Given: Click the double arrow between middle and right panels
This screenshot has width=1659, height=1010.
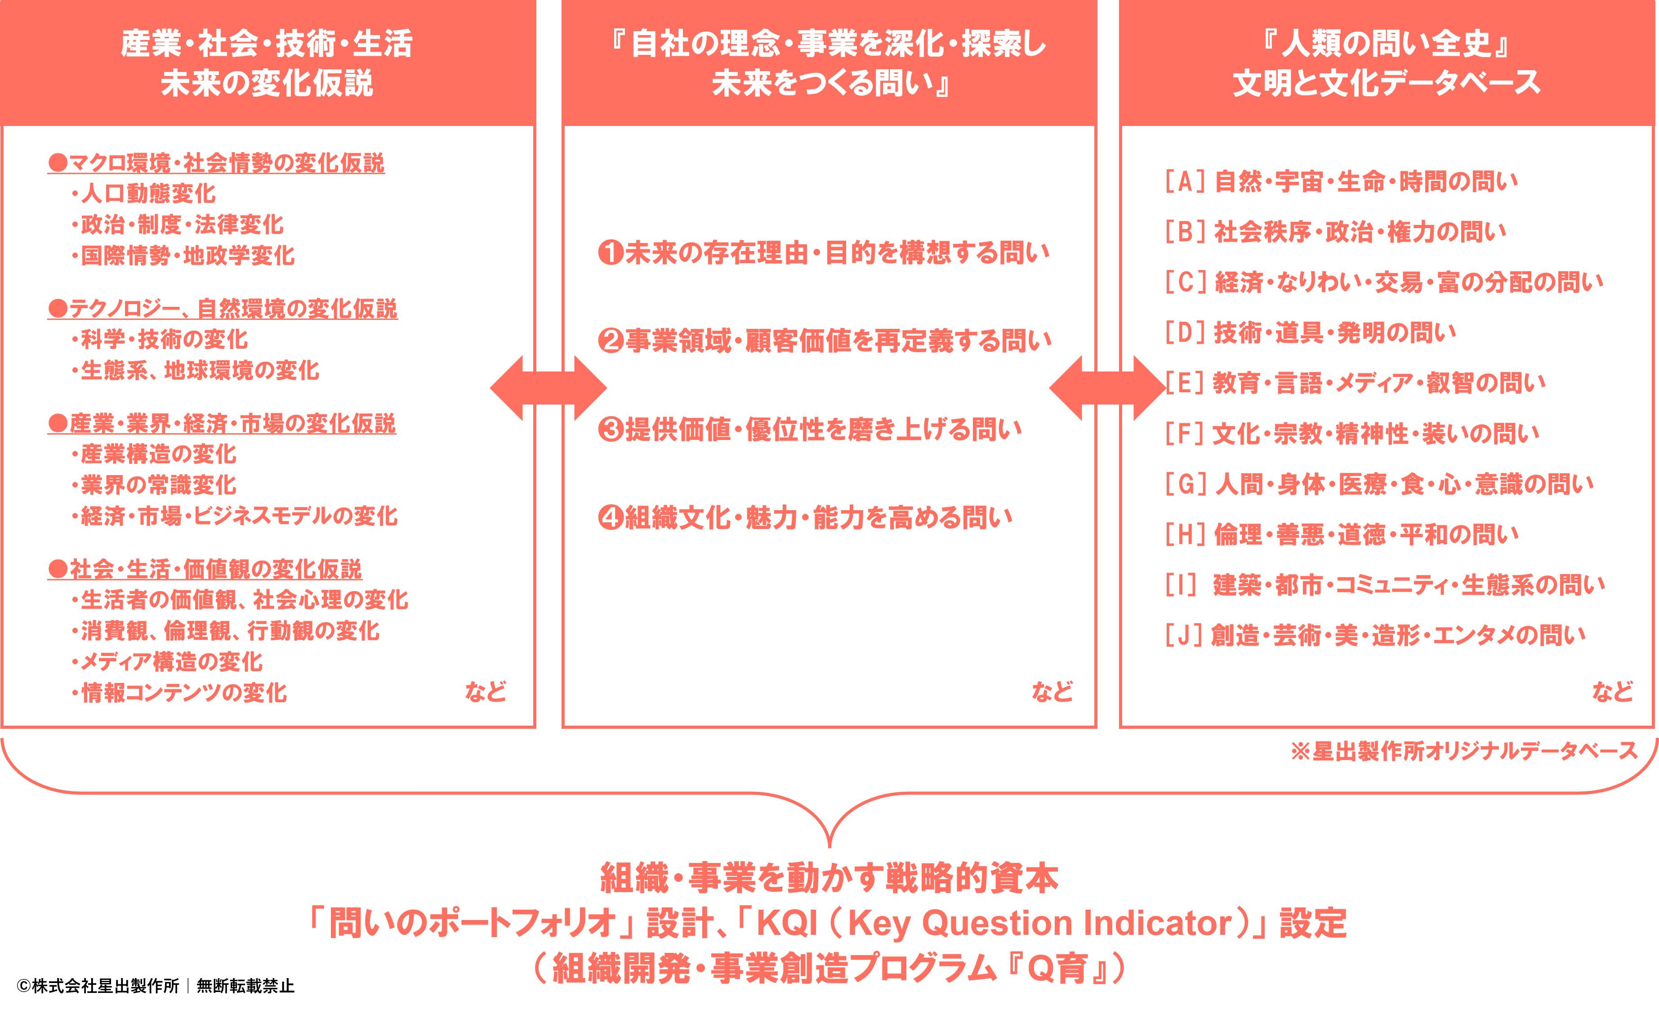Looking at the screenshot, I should pos(1107,388).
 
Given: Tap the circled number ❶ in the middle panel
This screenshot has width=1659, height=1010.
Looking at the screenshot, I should pos(611,253).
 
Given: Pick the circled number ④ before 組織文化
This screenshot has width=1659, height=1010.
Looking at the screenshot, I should pos(611,517).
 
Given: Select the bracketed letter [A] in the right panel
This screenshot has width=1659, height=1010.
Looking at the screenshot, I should pos(1184,182).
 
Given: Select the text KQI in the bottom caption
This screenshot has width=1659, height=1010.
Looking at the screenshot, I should pos(786,923).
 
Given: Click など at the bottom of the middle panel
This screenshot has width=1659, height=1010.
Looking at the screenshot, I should pos(1052,691).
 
